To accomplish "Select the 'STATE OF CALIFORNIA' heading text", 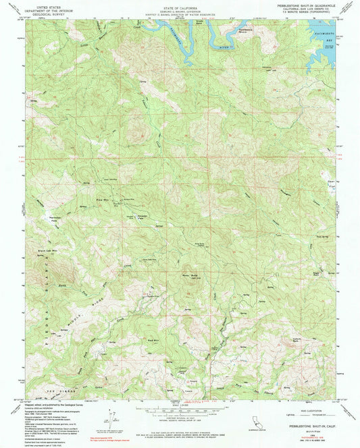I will [180, 4].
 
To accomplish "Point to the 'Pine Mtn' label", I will [103, 200].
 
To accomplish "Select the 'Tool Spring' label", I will [323, 236].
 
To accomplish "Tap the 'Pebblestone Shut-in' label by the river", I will [245, 31].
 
